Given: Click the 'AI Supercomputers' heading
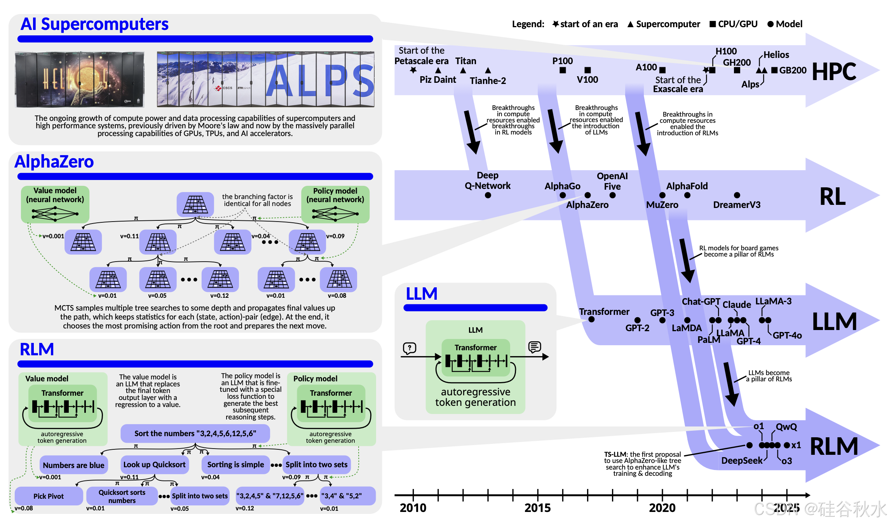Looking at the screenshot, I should (94, 24).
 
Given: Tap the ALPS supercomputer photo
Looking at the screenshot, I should (265, 79).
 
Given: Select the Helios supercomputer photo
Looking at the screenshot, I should (80, 79).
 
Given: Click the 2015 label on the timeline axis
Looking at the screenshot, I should (537, 508).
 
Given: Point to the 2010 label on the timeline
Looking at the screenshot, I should (413, 508).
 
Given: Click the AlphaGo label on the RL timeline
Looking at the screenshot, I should (562, 186).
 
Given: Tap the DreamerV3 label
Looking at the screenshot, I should (736, 205).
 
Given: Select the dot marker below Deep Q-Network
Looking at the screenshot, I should (488, 195).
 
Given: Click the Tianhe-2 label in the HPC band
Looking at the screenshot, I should (488, 81).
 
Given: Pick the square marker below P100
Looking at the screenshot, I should (563, 70).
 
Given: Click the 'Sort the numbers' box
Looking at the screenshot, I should (195, 433).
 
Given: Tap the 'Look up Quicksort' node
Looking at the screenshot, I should (154, 465).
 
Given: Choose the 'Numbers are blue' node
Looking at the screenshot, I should (73, 465).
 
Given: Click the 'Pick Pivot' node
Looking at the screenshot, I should (49, 496).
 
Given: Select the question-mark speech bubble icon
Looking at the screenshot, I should (410, 348).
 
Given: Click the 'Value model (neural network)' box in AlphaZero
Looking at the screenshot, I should (55, 204).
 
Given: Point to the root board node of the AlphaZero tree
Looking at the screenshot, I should (195, 204).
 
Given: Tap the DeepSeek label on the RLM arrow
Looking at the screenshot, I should (742, 461).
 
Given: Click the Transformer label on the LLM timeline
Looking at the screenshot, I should (604, 312).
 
